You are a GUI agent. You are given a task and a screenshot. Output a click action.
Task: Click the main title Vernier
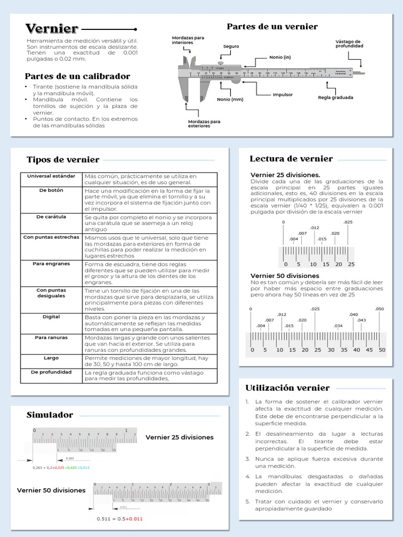(x=52, y=29)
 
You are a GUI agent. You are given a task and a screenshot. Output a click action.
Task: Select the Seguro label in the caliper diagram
(x=231, y=47)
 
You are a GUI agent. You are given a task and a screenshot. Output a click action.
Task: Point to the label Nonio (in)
(x=280, y=57)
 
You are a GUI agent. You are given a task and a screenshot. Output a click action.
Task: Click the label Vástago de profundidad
(x=348, y=44)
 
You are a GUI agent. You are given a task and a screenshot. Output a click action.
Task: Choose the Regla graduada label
(x=335, y=98)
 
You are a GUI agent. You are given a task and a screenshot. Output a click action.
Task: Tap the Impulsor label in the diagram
(x=282, y=94)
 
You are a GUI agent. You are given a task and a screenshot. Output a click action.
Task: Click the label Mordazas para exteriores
(x=204, y=124)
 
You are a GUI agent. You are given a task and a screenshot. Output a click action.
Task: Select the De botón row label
(x=51, y=190)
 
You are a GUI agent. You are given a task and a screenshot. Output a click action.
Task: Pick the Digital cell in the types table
(x=51, y=317)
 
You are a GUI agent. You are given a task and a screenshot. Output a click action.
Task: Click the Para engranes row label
(x=51, y=264)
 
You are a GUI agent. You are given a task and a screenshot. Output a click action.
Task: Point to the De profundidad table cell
(x=51, y=372)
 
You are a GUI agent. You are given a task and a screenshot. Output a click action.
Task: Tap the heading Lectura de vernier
(x=291, y=159)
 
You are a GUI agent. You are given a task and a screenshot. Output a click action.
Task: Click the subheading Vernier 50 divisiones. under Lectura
(x=285, y=276)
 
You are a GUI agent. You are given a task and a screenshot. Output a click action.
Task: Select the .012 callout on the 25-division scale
(x=315, y=228)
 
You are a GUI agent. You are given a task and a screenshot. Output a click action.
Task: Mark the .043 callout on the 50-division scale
(x=362, y=320)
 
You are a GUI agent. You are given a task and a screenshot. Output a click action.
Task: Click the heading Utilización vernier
(x=288, y=388)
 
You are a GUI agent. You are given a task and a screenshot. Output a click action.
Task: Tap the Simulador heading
(x=50, y=415)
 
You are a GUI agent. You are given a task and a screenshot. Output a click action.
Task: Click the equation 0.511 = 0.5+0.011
(x=120, y=519)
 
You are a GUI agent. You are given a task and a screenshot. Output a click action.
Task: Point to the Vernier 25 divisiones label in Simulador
(x=179, y=437)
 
